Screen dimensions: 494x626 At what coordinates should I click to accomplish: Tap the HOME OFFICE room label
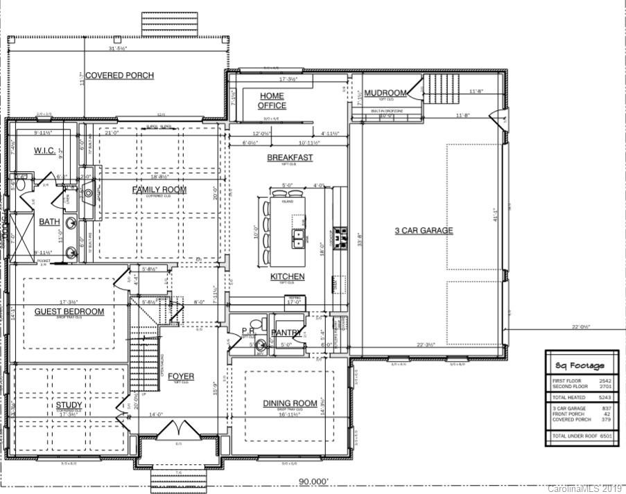[x=272, y=100]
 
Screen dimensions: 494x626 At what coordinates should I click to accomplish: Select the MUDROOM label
[x=385, y=93]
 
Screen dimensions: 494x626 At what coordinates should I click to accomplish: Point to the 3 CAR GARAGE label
[x=424, y=231]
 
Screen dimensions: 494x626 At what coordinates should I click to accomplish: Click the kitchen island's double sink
[x=299, y=238]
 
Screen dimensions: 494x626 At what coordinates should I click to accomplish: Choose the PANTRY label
[x=286, y=333]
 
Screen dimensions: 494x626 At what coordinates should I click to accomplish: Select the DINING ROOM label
[x=290, y=403]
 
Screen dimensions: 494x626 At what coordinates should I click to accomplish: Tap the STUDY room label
[x=69, y=405]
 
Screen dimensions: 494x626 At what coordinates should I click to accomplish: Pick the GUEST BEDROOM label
[x=69, y=312]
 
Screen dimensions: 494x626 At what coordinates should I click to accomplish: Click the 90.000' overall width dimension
[x=313, y=481]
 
